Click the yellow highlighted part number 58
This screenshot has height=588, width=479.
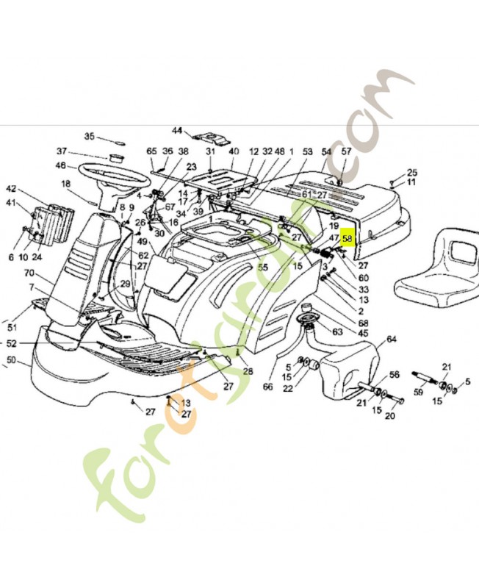point(347,239)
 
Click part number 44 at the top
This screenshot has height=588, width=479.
point(177,131)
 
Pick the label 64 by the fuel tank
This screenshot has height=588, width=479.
point(391,339)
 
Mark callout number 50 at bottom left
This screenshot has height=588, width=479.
point(11,359)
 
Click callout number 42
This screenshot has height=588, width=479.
point(11,188)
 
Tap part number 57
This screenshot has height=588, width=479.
point(347,151)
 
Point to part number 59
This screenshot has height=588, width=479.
point(419,392)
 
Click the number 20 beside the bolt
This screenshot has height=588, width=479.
point(389,416)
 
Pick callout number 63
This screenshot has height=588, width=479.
point(337,331)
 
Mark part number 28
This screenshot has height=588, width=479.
point(248,371)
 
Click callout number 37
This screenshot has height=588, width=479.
point(62,151)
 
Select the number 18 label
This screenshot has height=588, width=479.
point(65,184)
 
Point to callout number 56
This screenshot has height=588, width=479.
point(394,374)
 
